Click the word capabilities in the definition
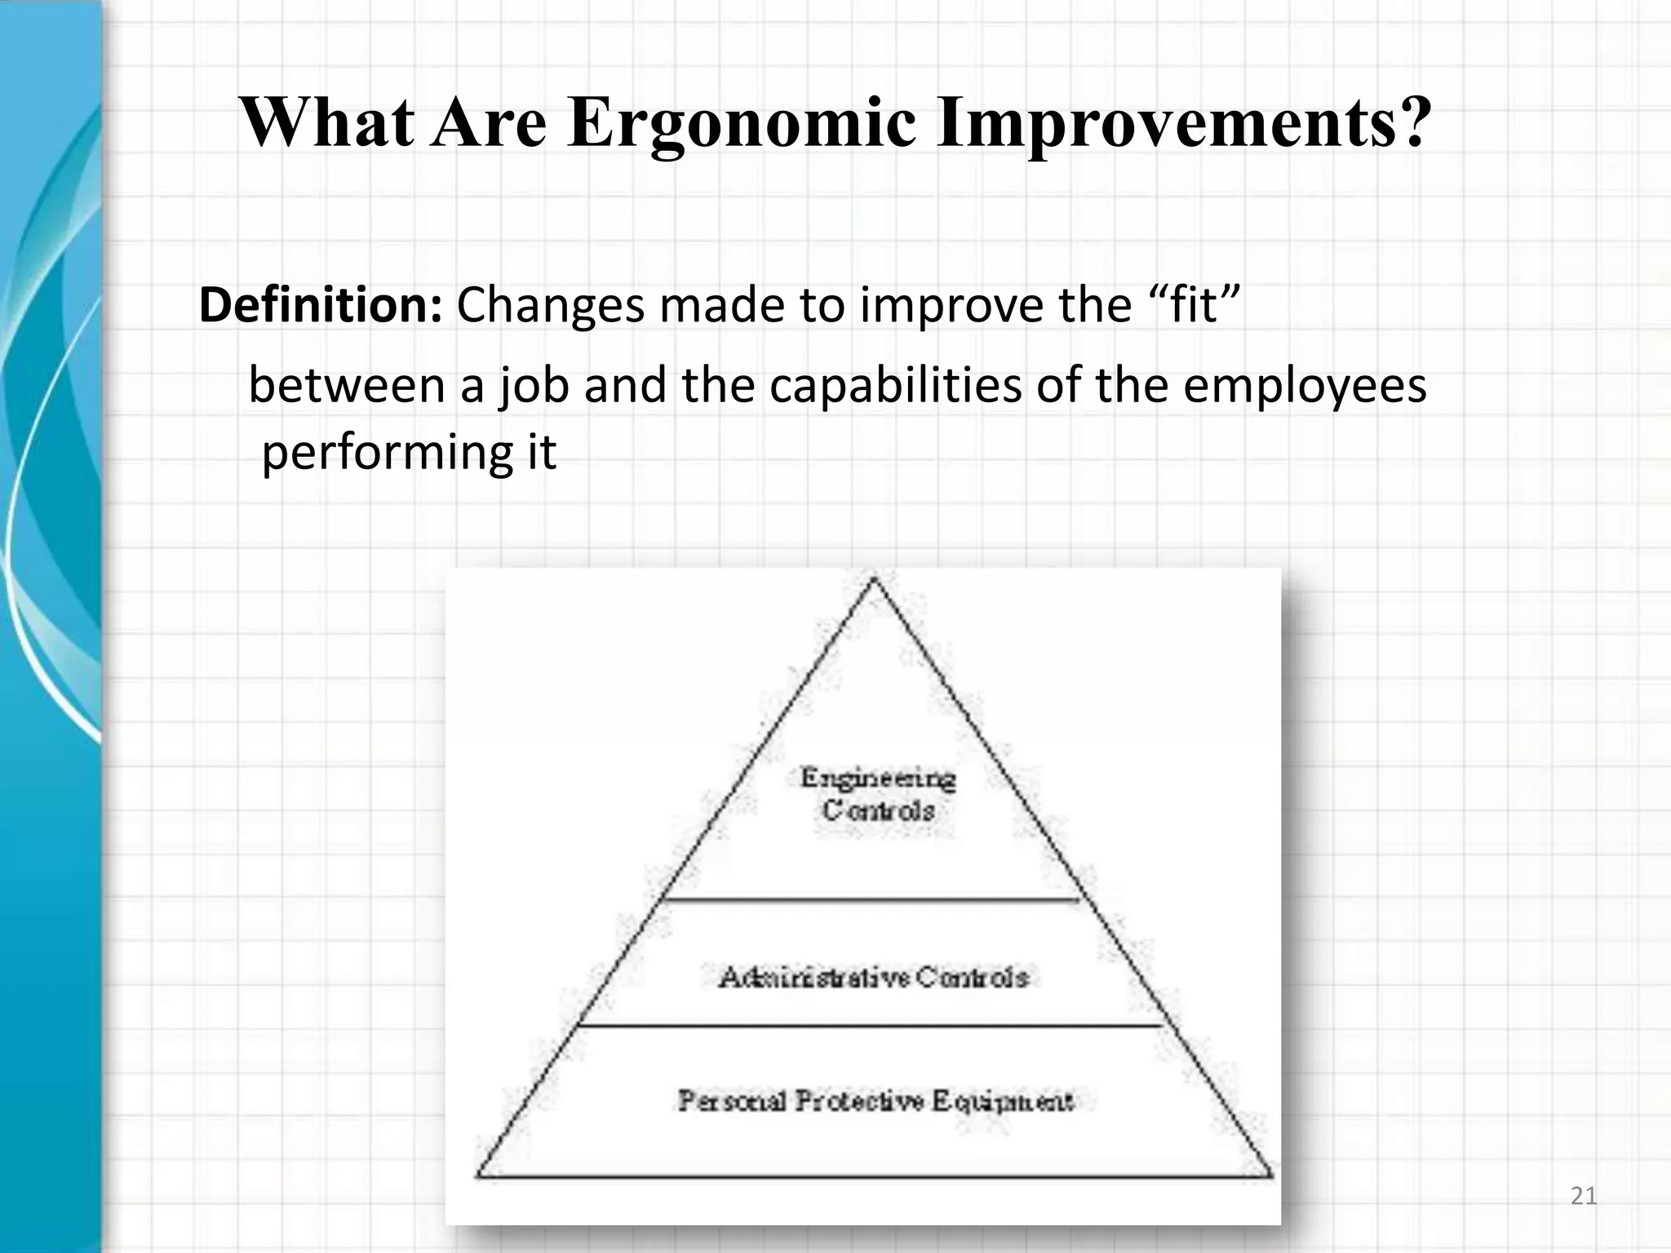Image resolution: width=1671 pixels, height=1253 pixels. (894, 385)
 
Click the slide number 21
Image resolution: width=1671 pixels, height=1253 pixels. (1583, 1196)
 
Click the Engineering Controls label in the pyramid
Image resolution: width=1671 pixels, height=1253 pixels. (878, 794)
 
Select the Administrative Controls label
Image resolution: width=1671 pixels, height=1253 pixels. (873, 976)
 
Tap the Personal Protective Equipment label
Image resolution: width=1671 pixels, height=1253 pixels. (875, 1101)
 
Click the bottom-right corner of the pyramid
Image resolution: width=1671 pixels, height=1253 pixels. (1271, 1176)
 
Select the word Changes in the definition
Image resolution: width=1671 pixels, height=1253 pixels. (550, 305)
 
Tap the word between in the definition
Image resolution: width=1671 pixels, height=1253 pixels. (346, 385)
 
